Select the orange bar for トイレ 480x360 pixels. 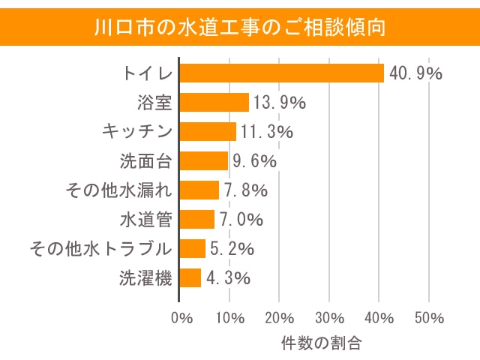click(282, 73)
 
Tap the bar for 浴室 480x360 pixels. click(214, 102)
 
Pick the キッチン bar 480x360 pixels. click(208, 131)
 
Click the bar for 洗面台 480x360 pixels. click(204, 160)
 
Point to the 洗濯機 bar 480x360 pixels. click(191, 277)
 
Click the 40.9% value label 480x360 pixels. click(415, 73)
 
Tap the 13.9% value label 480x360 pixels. click(278, 103)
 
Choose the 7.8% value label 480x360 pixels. click(244, 190)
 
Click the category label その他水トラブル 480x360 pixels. click(100, 248)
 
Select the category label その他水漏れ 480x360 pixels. click(119, 190)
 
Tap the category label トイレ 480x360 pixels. click(148, 73)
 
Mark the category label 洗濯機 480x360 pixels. click(146, 277)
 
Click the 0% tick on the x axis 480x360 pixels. click(181, 317)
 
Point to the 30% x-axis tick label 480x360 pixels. click(329, 317)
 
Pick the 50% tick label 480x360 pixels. click(428, 317)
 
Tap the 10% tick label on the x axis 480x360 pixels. click(230, 317)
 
